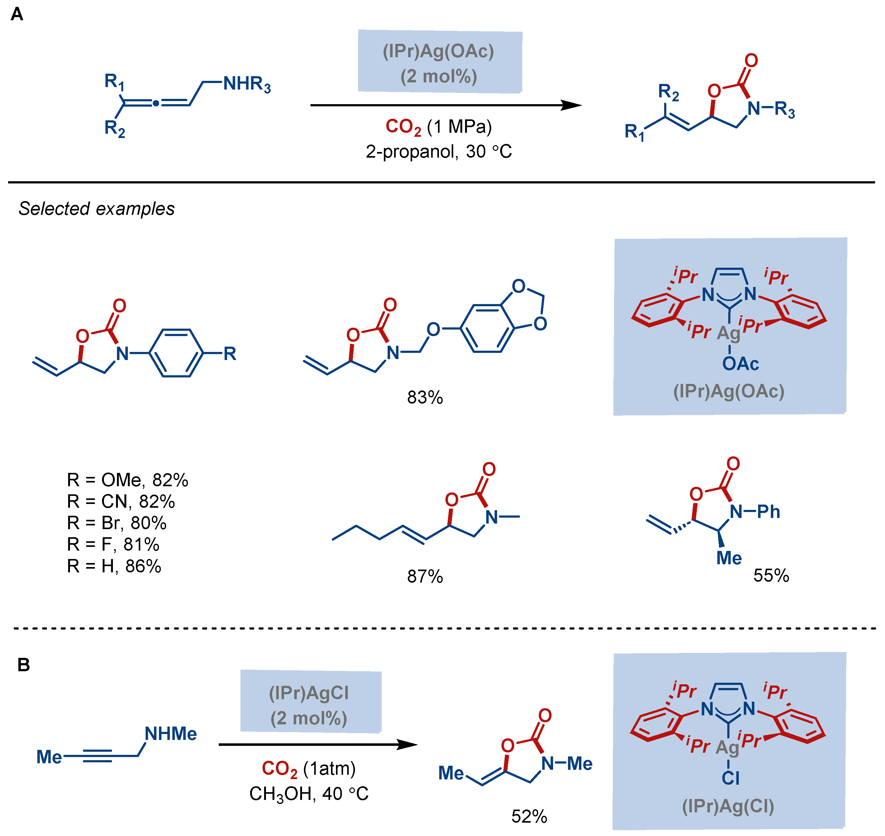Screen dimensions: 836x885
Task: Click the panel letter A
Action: point(17,14)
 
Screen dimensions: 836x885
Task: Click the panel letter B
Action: point(24,665)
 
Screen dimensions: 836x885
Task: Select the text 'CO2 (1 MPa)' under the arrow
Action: point(439,127)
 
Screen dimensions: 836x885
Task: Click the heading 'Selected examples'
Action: point(96,209)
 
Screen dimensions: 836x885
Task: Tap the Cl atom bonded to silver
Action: point(730,778)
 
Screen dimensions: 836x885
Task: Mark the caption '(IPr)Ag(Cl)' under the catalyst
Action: point(728,806)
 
